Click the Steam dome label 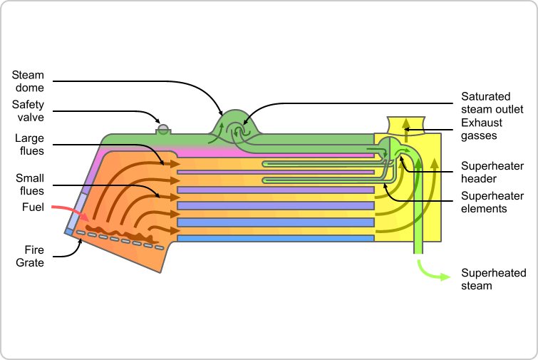click(x=28, y=81)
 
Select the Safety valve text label click(x=28, y=110)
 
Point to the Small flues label click(x=29, y=184)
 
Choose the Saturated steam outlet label click(x=492, y=103)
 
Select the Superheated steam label click(x=493, y=279)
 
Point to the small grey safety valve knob click(x=163, y=129)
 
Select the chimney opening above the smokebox click(x=405, y=125)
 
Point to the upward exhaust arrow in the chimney click(x=405, y=128)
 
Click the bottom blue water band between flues click(x=275, y=238)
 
